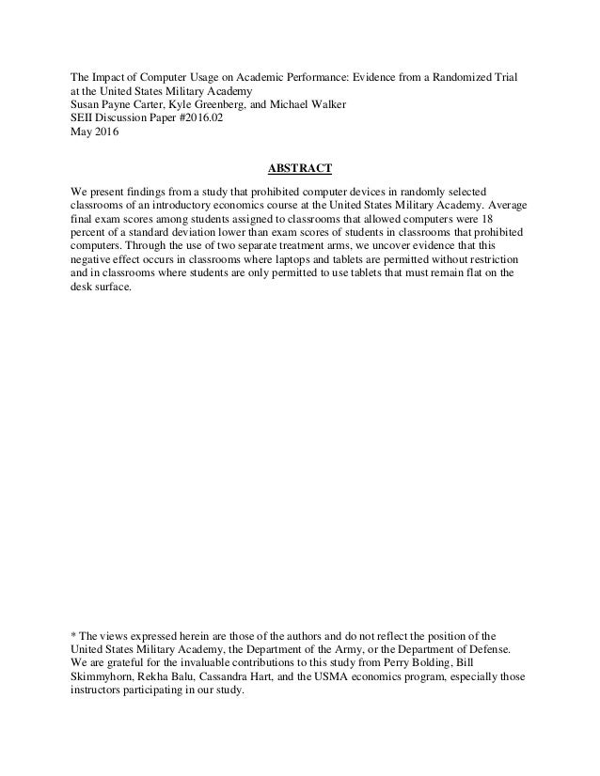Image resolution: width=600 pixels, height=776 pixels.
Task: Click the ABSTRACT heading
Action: (x=300, y=169)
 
